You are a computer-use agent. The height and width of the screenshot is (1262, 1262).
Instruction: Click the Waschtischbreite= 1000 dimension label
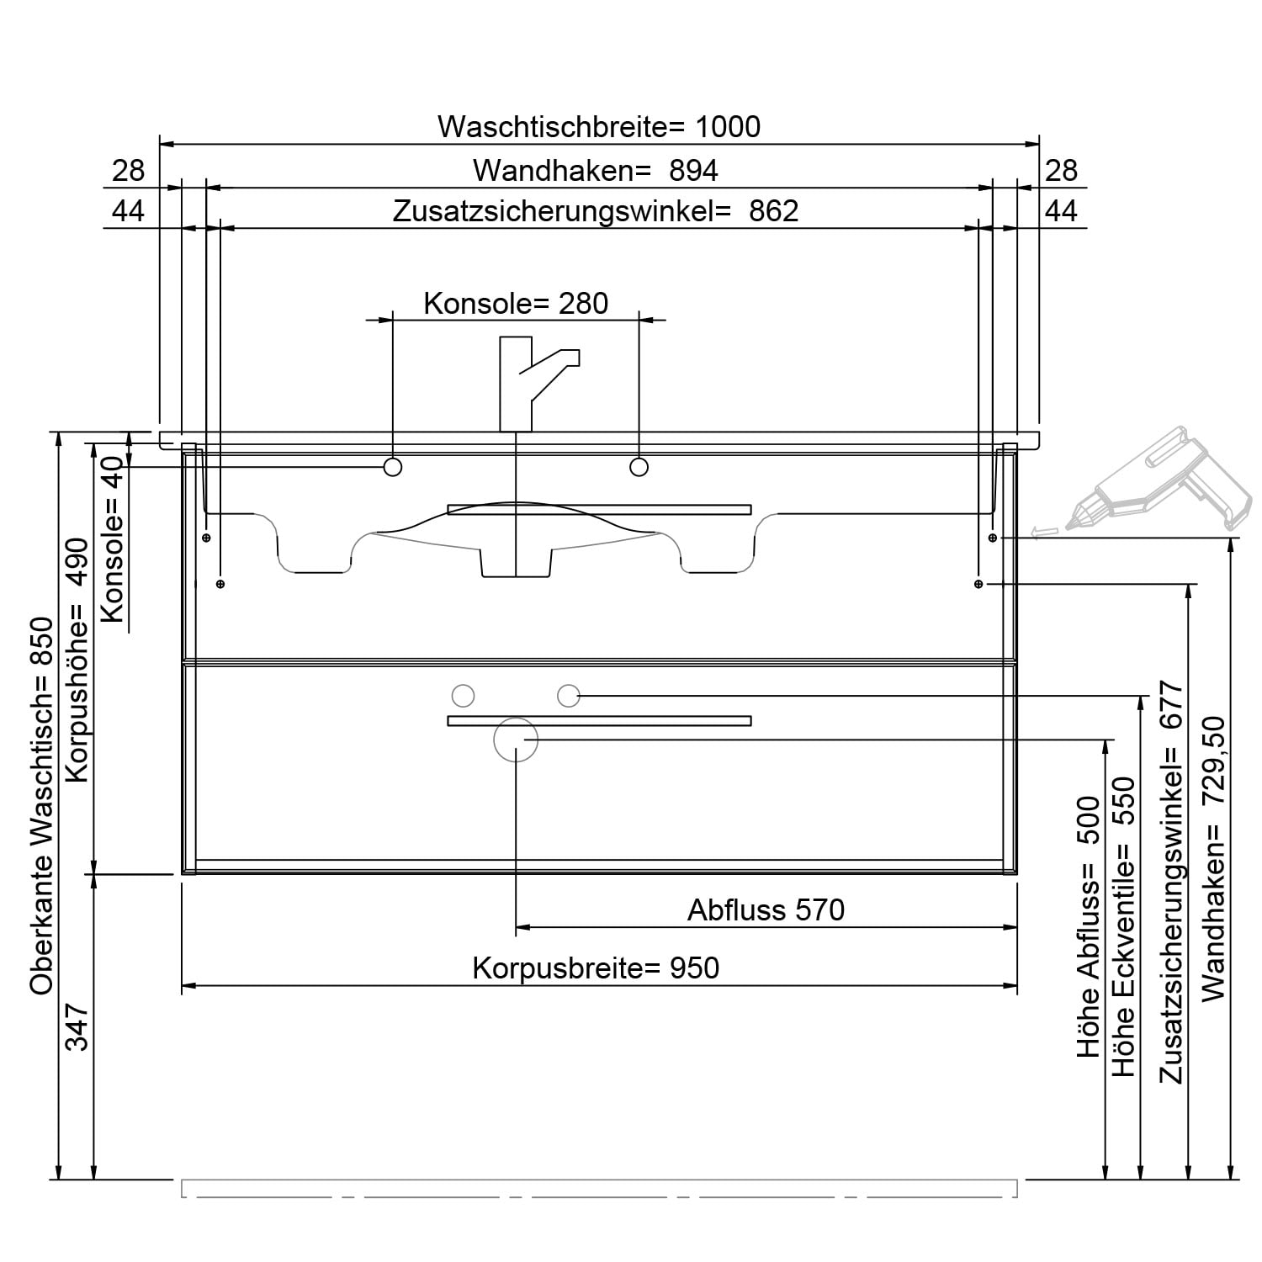599,127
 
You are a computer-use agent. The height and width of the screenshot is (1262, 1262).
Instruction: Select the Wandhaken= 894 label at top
596,171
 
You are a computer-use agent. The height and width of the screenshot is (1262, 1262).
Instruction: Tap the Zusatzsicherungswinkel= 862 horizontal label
596,211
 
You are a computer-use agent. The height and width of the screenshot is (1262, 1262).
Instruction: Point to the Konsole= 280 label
516,303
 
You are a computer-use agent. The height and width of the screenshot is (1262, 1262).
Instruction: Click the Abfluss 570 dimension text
766,909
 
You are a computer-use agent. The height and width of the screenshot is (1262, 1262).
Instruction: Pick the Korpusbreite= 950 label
596,968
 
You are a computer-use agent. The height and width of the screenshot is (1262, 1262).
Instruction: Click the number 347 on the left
77,1026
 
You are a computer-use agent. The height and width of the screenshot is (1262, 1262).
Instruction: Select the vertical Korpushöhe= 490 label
77,660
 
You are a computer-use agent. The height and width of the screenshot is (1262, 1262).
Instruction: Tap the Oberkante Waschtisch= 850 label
41,806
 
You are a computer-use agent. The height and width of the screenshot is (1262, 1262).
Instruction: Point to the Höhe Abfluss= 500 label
1089,927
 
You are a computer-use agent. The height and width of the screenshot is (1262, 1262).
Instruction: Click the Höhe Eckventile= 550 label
1124,927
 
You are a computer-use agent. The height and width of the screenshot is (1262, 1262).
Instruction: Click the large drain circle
515,740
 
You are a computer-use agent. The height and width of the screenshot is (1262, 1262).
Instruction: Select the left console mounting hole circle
393,468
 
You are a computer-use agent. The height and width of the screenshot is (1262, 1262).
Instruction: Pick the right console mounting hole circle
639,467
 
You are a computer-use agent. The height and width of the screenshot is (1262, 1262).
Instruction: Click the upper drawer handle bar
599,509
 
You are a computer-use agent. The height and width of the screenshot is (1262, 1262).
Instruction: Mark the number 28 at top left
129,171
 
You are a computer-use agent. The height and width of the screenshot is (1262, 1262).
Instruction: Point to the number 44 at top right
1061,211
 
